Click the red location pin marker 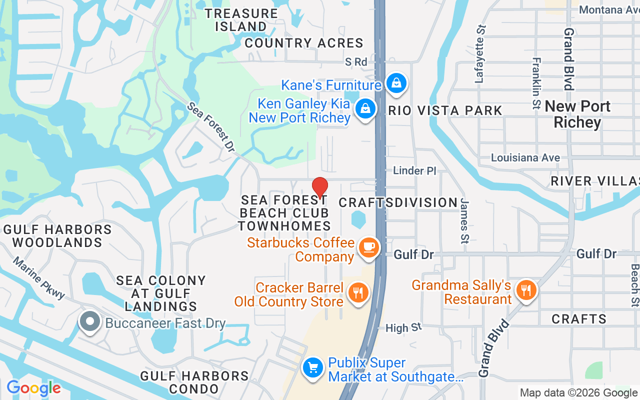click(x=320, y=187)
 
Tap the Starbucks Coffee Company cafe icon click(x=369, y=247)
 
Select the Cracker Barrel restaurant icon click(x=358, y=292)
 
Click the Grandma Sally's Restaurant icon click(x=525, y=289)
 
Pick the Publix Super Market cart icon click(x=313, y=368)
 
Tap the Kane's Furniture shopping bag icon click(x=396, y=83)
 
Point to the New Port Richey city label click(x=577, y=114)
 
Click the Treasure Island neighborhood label click(x=241, y=20)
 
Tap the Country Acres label click(x=303, y=43)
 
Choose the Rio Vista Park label click(x=445, y=110)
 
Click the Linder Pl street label click(x=415, y=171)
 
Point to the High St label click(x=403, y=328)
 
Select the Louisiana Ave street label click(x=525, y=158)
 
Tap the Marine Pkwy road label click(x=39, y=278)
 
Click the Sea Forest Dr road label click(x=211, y=128)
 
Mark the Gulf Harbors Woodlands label click(x=57, y=236)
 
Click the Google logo click(x=33, y=388)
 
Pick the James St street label click(x=465, y=220)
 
